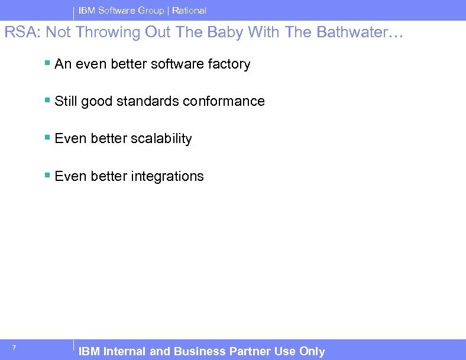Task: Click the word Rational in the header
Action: (189, 11)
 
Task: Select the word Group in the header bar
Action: (151, 11)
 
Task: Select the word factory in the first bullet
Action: (229, 64)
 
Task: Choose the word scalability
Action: (161, 139)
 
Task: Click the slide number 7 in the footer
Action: (14, 347)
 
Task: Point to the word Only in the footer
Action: (312, 352)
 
